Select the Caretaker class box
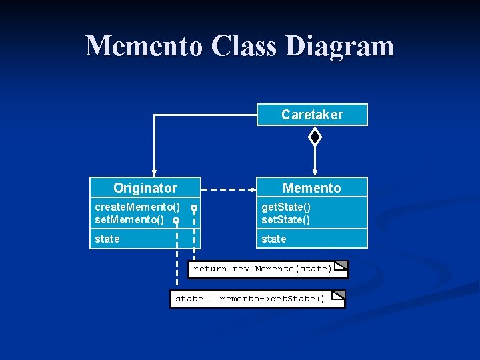click(312, 115)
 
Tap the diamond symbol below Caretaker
click(315, 137)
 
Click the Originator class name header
click(145, 188)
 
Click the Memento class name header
click(311, 188)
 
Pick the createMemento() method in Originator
click(137, 208)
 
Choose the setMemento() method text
click(129, 219)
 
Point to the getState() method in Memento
click(286, 208)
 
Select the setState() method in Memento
click(286, 219)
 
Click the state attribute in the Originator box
click(107, 239)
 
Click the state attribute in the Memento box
click(274, 239)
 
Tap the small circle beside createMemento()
click(193, 209)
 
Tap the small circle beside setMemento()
click(176, 220)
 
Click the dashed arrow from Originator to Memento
click(227, 190)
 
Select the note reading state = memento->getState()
click(250, 299)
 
